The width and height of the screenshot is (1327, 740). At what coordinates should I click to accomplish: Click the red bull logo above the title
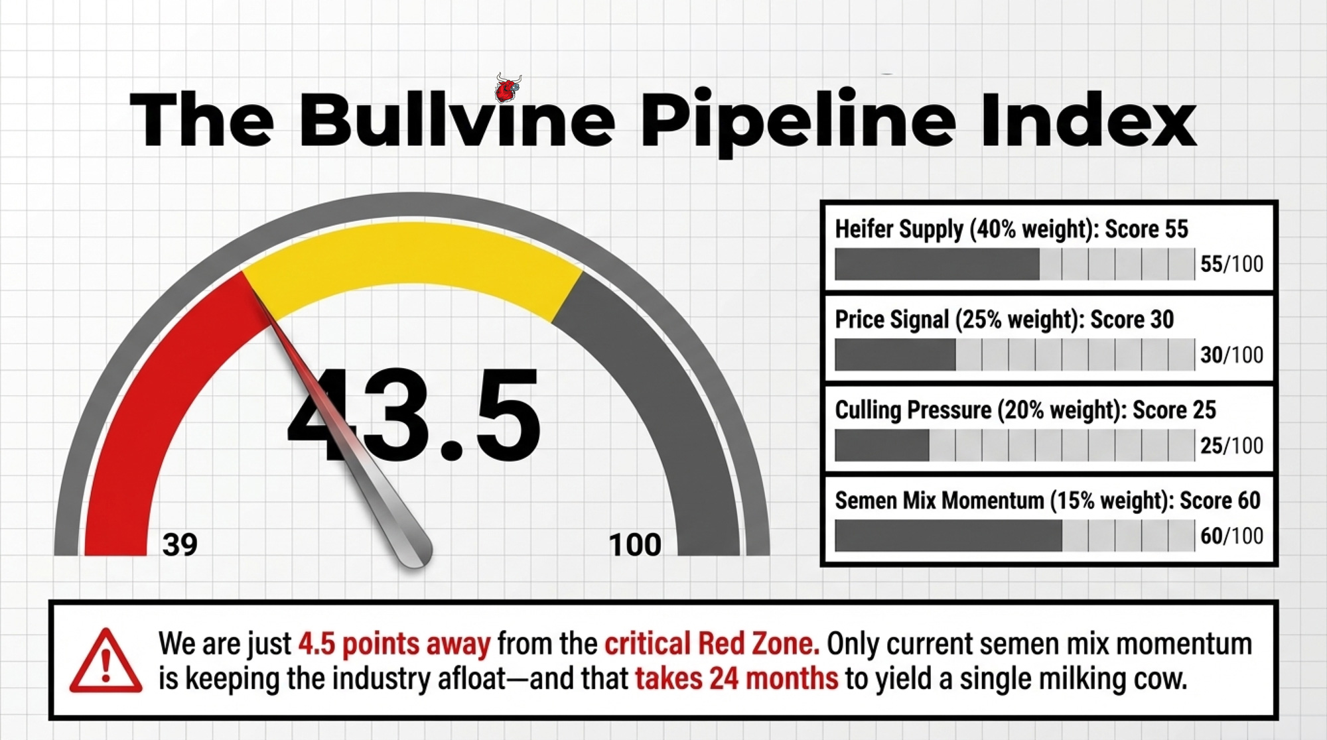[508, 88]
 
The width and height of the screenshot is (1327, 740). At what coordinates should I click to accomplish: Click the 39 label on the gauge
[180, 544]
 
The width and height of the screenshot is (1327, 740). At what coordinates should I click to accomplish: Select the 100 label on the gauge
[635, 544]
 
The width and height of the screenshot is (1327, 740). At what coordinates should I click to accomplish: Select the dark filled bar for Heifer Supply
[937, 264]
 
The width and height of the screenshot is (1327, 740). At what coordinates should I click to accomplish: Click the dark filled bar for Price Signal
[895, 355]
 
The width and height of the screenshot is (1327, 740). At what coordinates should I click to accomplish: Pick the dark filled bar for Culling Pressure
[882, 445]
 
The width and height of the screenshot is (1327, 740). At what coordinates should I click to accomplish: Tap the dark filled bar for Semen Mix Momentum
[948, 536]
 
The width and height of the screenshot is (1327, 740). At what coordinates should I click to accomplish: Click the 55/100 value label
[1231, 264]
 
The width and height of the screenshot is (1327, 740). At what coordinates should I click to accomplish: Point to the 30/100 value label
[1231, 355]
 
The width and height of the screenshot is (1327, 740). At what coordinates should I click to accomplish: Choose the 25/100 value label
[1231, 446]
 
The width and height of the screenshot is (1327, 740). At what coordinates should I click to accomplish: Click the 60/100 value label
[1231, 536]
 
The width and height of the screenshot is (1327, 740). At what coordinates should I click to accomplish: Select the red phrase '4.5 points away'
[394, 644]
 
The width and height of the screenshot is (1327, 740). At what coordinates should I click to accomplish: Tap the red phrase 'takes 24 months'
[736, 679]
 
